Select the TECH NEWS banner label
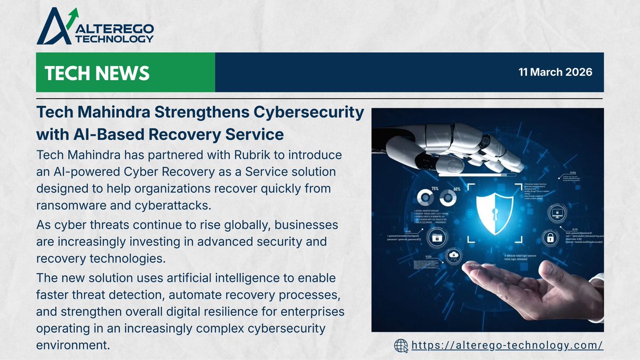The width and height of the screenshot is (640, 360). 98,73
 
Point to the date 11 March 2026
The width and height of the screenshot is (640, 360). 555,72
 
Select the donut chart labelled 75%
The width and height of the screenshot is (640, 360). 425,198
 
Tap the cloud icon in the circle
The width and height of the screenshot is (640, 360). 454,255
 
